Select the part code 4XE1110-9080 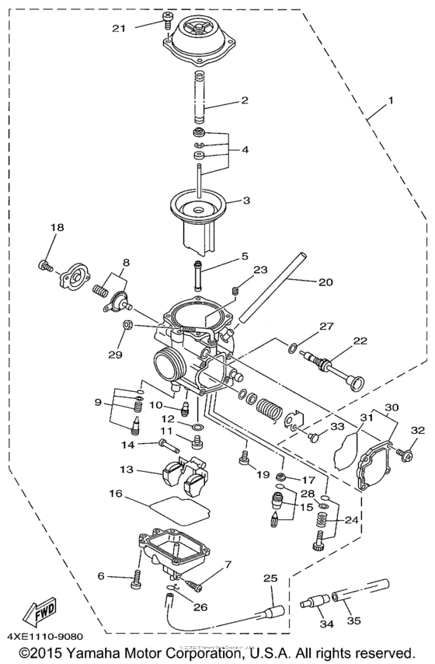point(45,638)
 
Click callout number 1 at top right point(391,101)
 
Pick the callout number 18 point(57,227)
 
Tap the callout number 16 point(116,493)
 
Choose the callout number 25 point(270,578)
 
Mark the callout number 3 point(245,200)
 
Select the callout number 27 point(326,327)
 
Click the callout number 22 point(359,341)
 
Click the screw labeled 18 point(45,267)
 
